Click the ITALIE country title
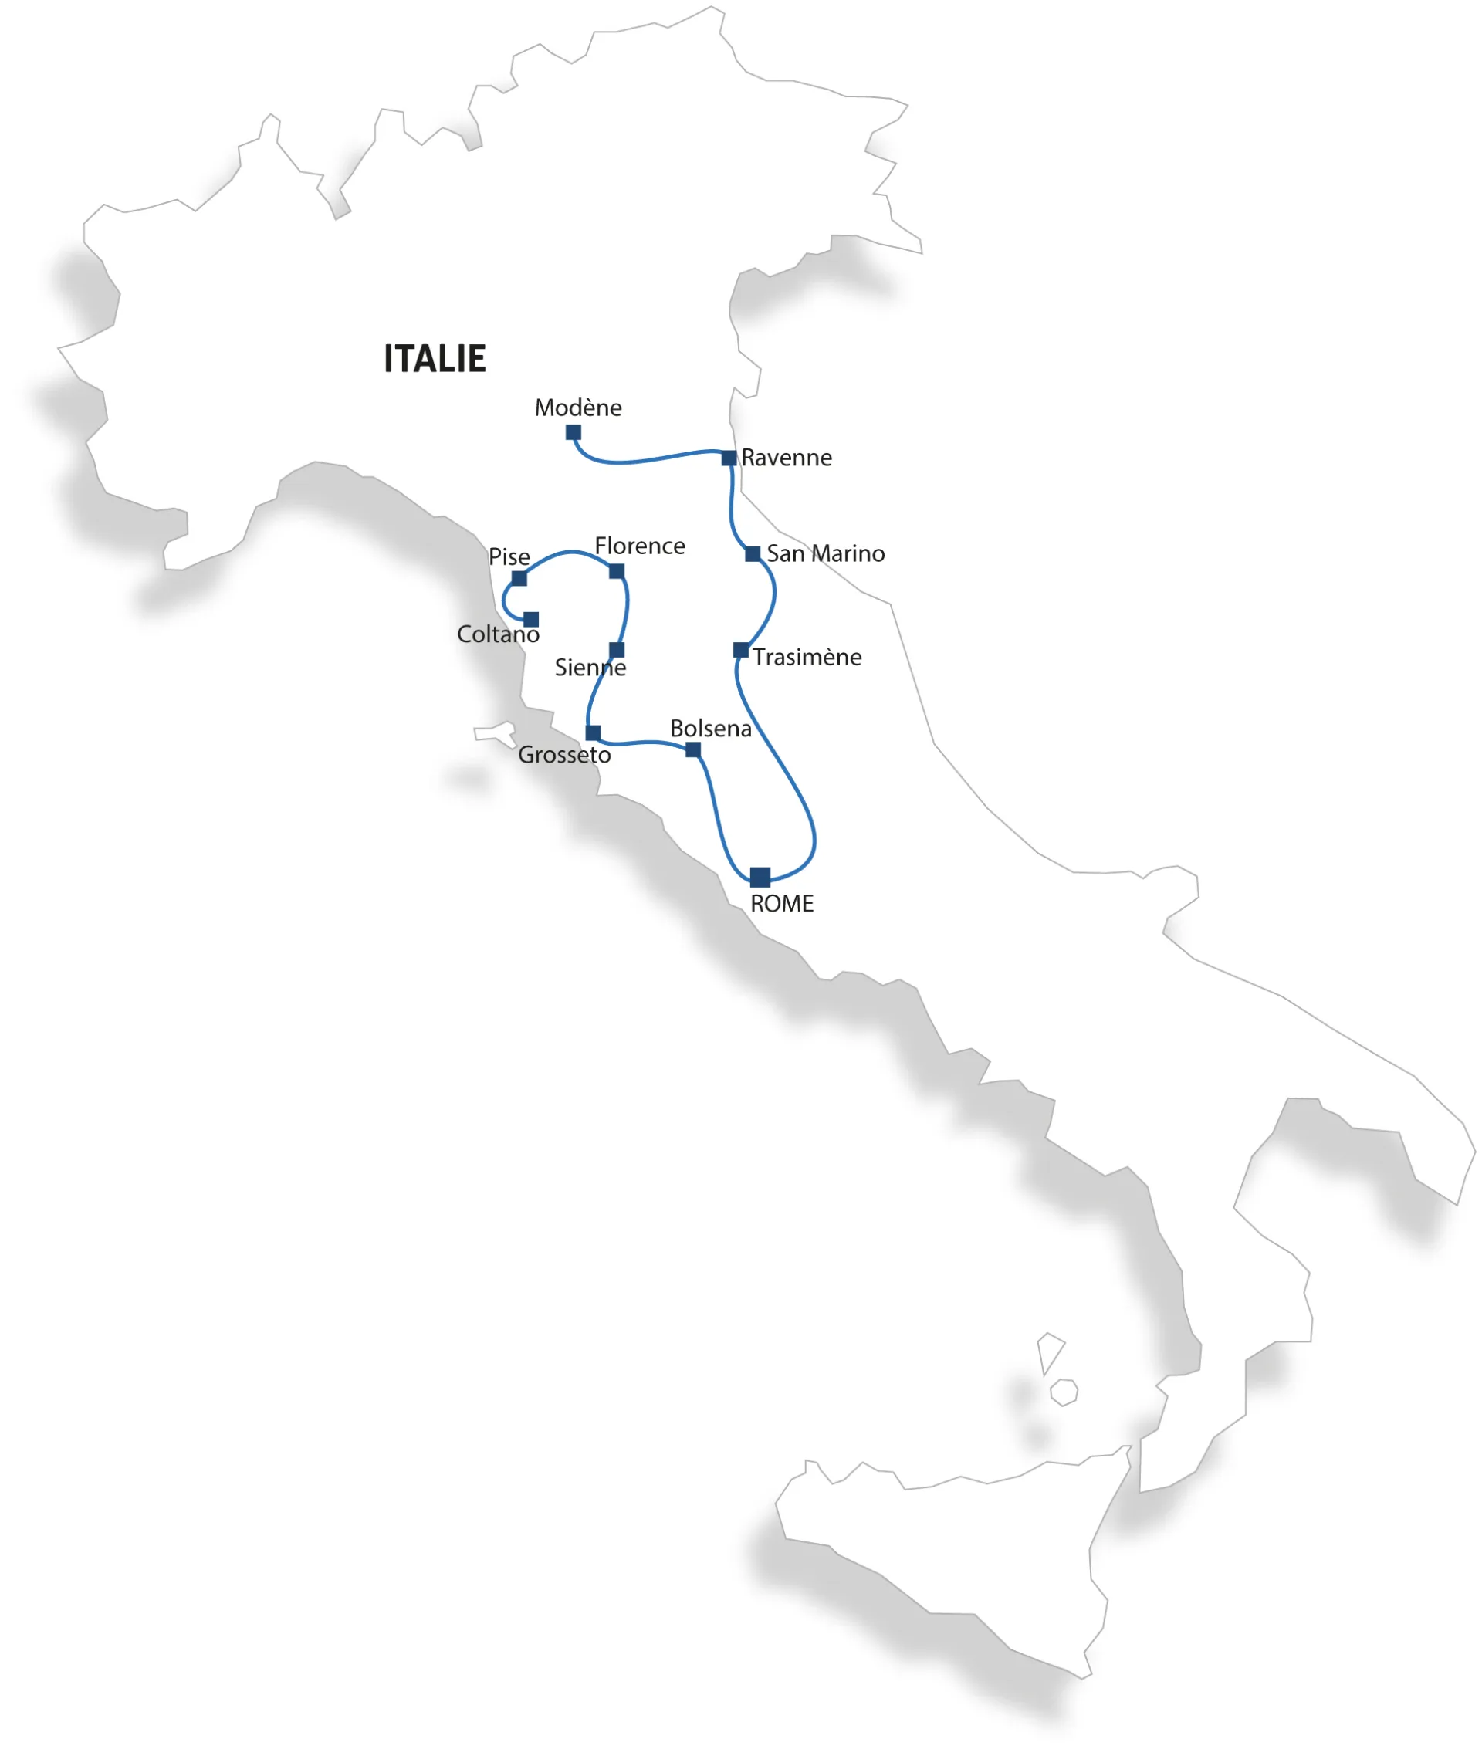click(x=435, y=359)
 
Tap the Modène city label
click(x=578, y=408)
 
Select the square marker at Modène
click(x=573, y=433)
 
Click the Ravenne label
click(x=787, y=458)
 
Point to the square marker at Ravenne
click(x=729, y=458)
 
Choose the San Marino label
click(x=825, y=553)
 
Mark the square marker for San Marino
click(x=753, y=553)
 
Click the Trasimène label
click(x=807, y=657)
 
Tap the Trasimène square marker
click(x=740, y=649)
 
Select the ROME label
click(x=781, y=904)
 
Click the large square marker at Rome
click(x=760, y=877)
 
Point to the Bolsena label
click(x=710, y=729)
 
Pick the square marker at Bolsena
click(x=693, y=749)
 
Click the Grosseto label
click(x=563, y=754)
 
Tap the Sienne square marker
click(x=617, y=649)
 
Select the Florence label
click(x=639, y=546)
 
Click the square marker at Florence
click(x=617, y=571)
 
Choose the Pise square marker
click(x=519, y=578)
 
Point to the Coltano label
click(x=497, y=634)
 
